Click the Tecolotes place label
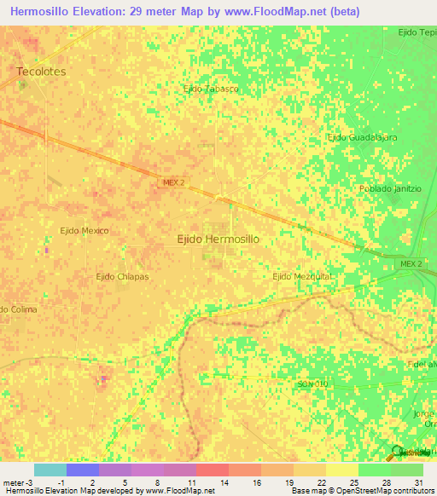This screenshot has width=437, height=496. click(41, 72)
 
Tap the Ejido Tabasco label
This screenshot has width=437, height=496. click(211, 88)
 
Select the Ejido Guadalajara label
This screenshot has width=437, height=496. click(363, 137)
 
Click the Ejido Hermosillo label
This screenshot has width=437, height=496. click(218, 239)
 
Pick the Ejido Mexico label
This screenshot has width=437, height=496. click(84, 230)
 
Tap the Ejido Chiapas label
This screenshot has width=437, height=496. click(122, 276)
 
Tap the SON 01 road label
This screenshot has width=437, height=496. click(312, 385)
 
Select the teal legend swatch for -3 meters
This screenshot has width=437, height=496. click(50, 470)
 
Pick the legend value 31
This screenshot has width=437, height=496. click(418, 482)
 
